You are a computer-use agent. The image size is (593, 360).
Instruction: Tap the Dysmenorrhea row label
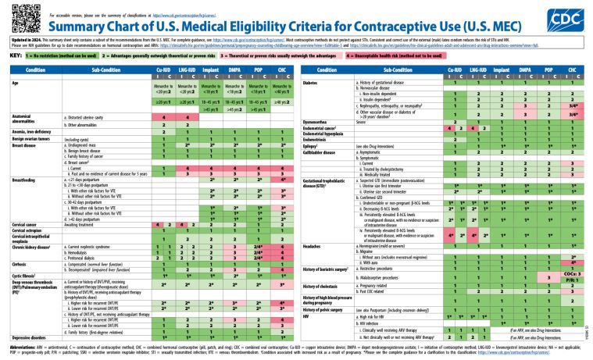320,121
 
